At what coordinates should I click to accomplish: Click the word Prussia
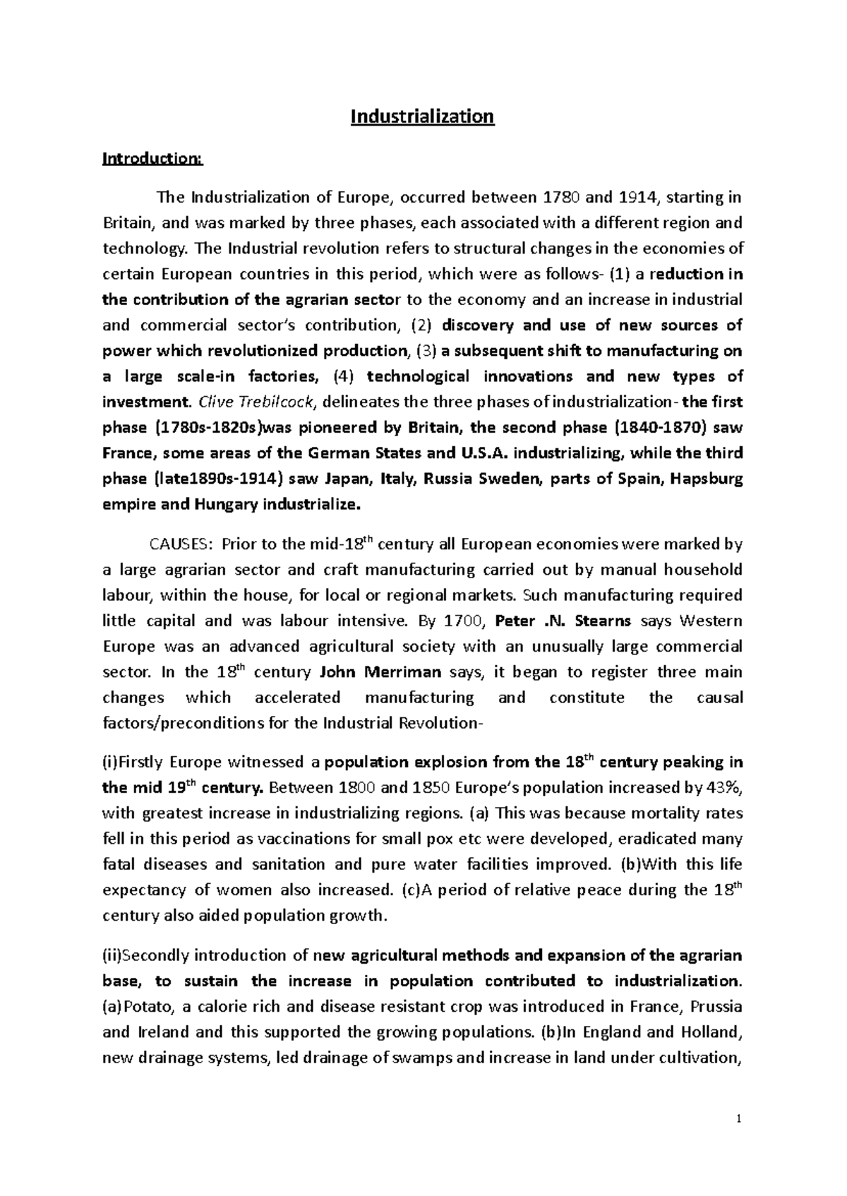click(716, 1006)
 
